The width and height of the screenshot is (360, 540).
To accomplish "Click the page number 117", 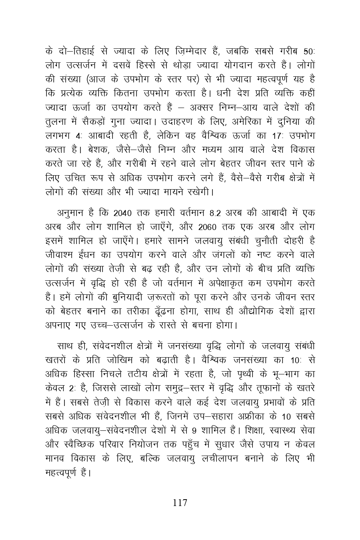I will [180, 503].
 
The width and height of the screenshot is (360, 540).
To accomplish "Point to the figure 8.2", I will [214, 212].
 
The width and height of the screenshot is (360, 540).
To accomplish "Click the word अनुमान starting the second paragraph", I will [72, 212].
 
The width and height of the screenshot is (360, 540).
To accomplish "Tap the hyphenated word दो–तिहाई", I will [73, 51].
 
